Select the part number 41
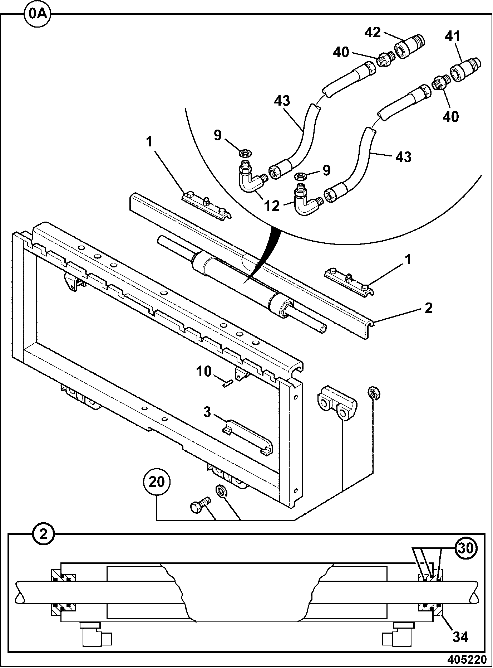[x=453, y=36]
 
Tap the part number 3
[x=207, y=412]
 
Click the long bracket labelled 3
[x=248, y=437]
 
